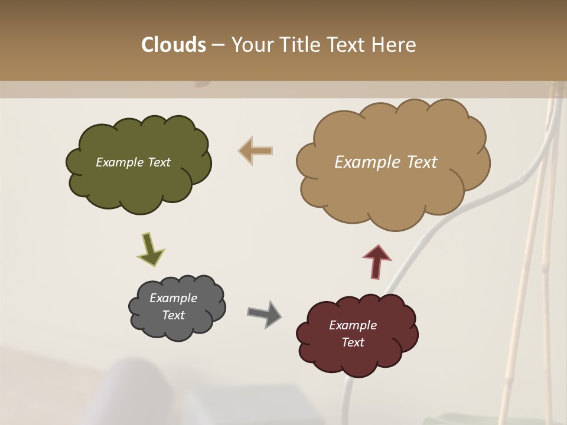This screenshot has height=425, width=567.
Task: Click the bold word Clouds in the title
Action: click(x=173, y=45)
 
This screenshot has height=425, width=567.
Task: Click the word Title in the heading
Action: click(x=300, y=45)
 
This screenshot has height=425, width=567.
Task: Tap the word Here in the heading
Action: click(x=395, y=45)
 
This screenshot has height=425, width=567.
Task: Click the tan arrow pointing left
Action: click(x=255, y=151)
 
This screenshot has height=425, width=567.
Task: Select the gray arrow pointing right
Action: click(x=264, y=313)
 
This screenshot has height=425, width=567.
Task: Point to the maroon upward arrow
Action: click(x=377, y=261)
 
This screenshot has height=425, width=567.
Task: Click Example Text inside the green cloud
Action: click(x=133, y=162)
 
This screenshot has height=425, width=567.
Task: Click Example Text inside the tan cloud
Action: click(x=386, y=162)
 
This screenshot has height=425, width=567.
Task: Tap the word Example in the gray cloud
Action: click(x=173, y=298)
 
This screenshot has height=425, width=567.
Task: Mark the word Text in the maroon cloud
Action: click(x=353, y=343)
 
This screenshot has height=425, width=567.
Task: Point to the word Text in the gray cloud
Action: click(x=173, y=315)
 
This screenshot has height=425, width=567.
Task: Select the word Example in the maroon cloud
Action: click(x=353, y=325)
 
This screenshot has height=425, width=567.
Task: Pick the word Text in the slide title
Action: click(x=348, y=45)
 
